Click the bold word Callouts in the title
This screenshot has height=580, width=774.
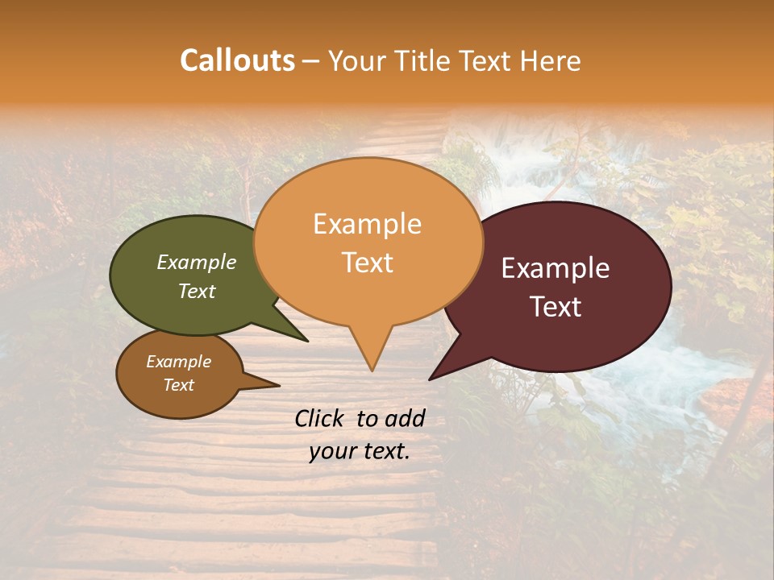pyautogui.click(x=237, y=60)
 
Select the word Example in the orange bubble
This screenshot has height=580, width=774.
pyautogui.click(x=367, y=224)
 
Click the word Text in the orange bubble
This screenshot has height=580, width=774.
pyautogui.click(x=367, y=263)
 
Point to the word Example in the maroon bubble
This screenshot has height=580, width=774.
pyautogui.click(x=556, y=268)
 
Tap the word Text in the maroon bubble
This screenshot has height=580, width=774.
pyautogui.click(x=556, y=307)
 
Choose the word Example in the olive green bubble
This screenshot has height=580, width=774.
pyautogui.click(x=197, y=262)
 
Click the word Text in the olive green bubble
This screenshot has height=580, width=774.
pyautogui.click(x=197, y=291)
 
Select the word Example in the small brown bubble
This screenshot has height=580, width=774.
pyautogui.click(x=179, y=362)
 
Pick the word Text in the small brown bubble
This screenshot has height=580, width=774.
pyautogui.click(x=179, y=385)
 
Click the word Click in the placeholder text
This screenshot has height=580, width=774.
pyautogui.click(x=320, y=418)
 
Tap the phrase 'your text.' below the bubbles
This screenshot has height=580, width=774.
pyautogui.click(x=360, y=452)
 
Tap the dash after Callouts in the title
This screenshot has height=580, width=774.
pyautogui.click(x=311, y=60)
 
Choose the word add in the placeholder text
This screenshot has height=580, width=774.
pyautogui.click(x=406, y=418)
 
